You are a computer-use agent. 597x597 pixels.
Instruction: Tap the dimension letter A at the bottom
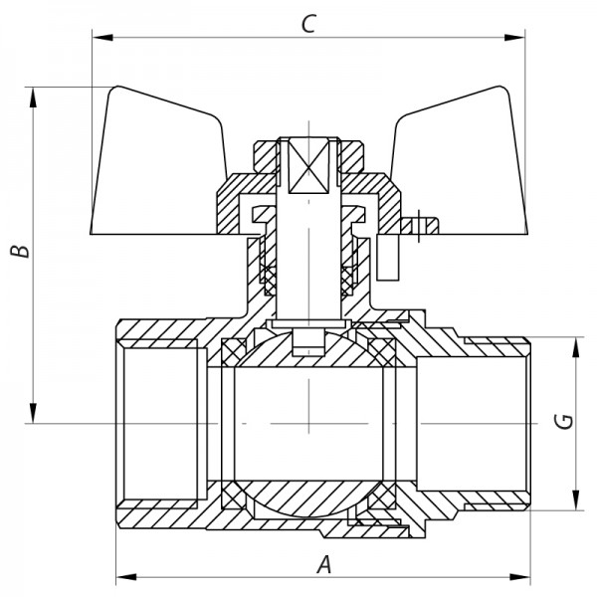point(322,565)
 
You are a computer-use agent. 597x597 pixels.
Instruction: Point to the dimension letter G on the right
point(562,422)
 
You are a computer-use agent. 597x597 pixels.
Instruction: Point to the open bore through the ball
point(308,423)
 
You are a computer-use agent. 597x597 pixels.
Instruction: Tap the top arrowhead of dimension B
point(36,92)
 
